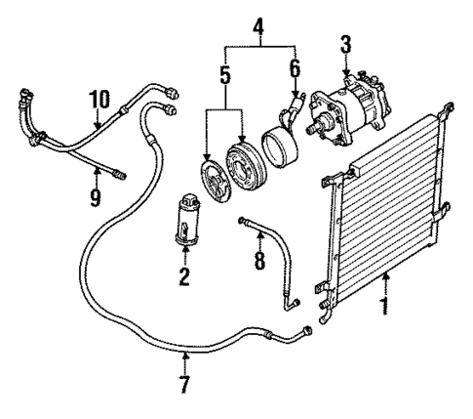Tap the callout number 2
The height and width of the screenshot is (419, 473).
(182, 276)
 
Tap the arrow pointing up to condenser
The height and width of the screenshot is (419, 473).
(386, 283)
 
